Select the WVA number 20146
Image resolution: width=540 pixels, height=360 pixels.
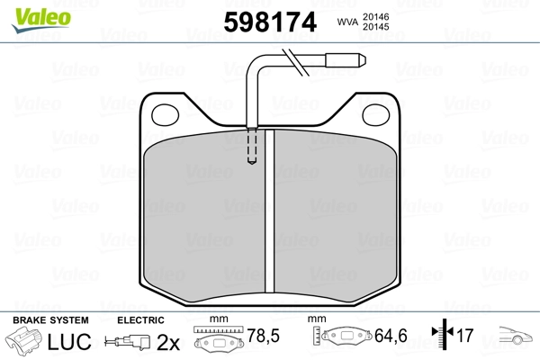point(377,16)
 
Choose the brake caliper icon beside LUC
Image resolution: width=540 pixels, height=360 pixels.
point(25,341)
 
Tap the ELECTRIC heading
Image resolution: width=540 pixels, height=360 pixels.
point(140,320)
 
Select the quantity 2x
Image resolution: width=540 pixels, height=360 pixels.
point(167,342)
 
